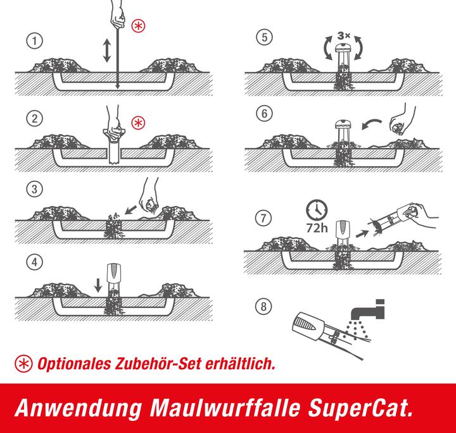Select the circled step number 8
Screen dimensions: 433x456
click(262, 308)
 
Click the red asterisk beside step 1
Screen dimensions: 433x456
click(137, 26)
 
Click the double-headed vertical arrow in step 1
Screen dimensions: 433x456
click(106, 50)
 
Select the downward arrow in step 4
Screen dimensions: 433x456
click(97, 284)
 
